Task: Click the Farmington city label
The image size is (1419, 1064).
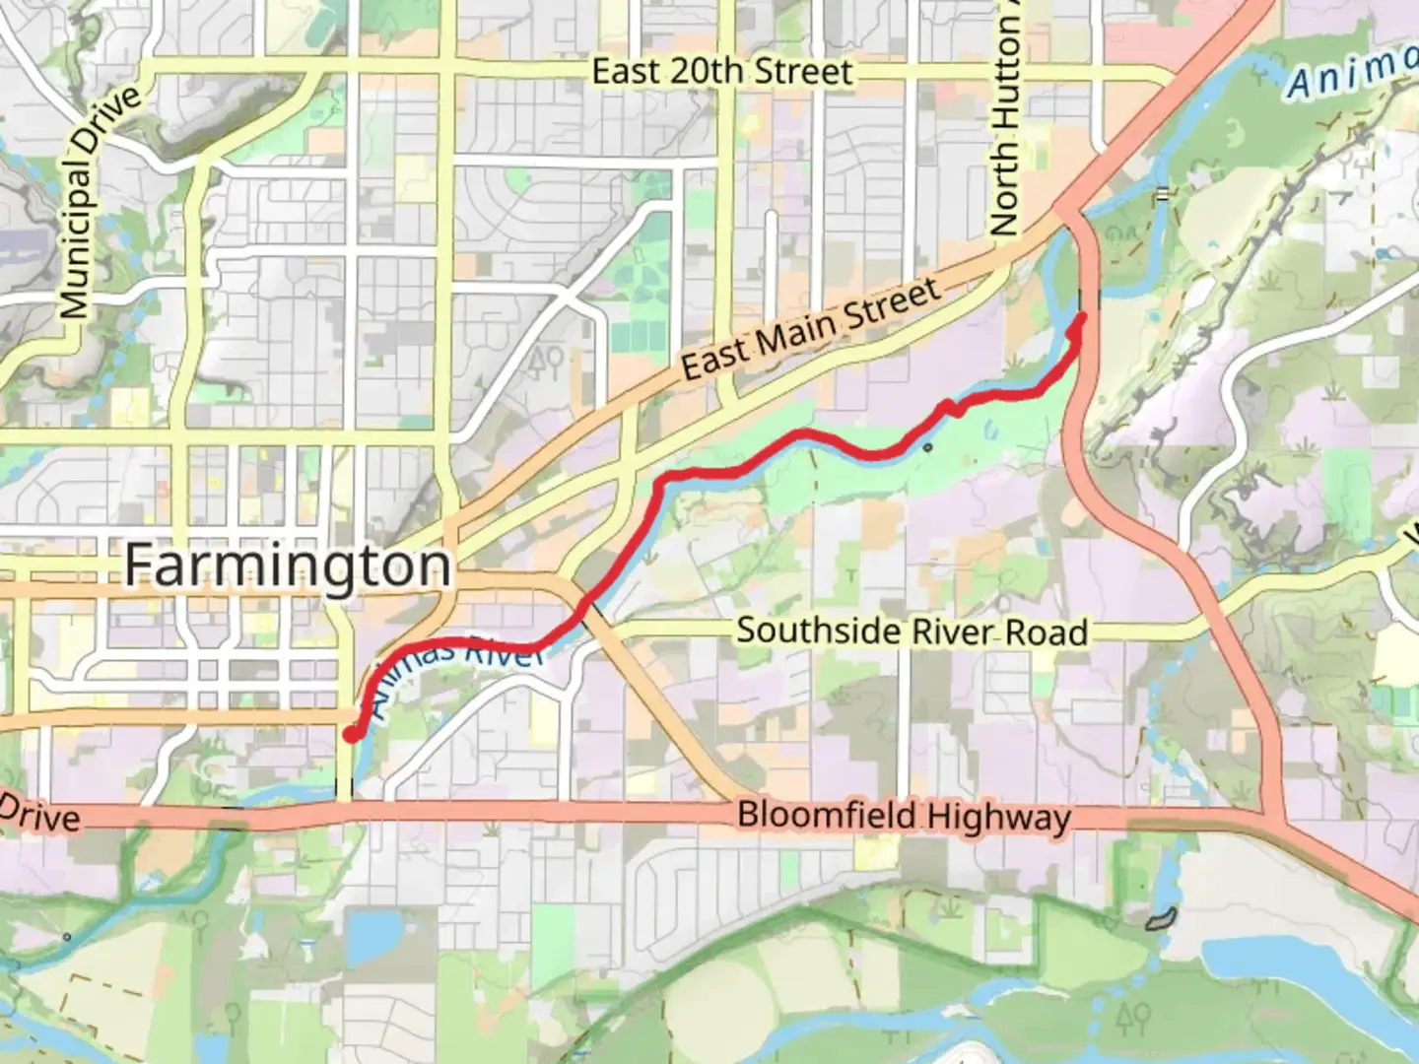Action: coord(287,566)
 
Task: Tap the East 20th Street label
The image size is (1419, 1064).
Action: coord(721,71)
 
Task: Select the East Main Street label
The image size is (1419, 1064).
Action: coord(810,329)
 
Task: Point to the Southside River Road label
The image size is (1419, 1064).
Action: coord(912,631)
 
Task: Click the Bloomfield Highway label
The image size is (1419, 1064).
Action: coord(904,817)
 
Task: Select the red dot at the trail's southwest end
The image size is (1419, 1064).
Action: coord(351,734)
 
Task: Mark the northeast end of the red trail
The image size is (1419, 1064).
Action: coord(1082,316)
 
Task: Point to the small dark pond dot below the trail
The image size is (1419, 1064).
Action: coord(928,448)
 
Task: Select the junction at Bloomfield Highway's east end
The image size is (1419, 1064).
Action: coord(1276,818)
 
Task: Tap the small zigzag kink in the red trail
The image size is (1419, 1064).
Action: coord(952,407)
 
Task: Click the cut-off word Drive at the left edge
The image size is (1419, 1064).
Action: coord(39,817)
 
